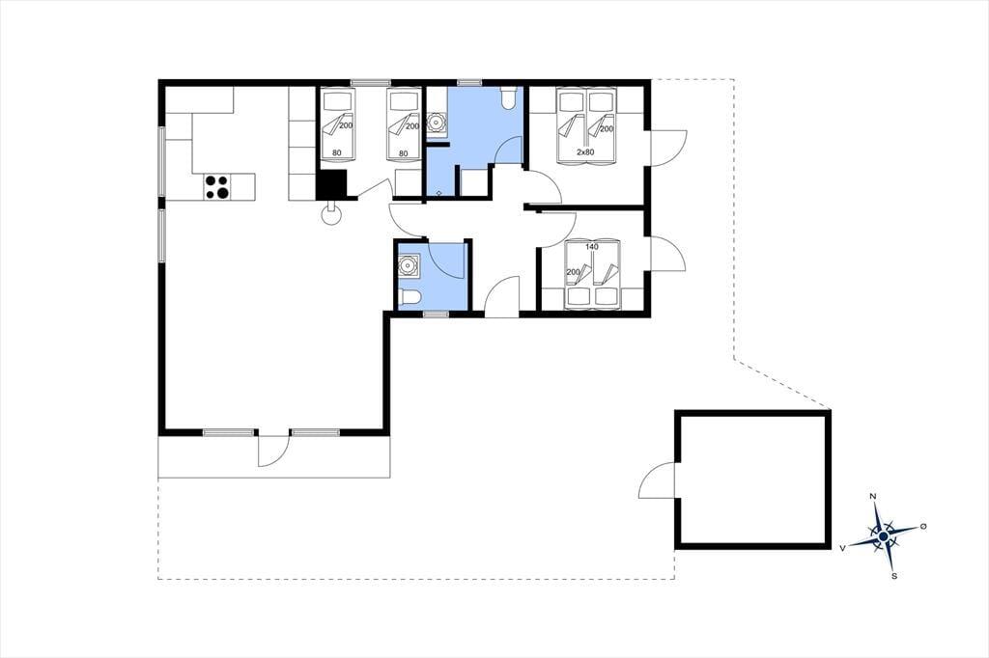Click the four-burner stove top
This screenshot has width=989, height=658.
(217, 187)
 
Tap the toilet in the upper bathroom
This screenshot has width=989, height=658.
(508, 97)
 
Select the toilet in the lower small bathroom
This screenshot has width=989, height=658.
(410, 297)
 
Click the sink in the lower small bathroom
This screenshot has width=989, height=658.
(410, 265)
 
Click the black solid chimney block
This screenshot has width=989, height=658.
(332, 184)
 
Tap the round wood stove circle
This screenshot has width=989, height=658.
(332, 215)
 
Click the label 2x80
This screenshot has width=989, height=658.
(585, 151)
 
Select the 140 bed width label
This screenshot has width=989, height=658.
(591, 246)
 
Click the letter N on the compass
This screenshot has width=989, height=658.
(873, 497)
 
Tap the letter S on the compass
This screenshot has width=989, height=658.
(894, 575)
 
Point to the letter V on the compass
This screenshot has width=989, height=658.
(842, 548)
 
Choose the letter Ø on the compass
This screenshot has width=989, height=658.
(923, 526)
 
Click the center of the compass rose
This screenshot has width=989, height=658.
(884, 536)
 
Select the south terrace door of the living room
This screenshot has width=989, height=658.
(273, 450)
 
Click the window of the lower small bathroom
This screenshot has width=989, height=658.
(436, 314)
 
